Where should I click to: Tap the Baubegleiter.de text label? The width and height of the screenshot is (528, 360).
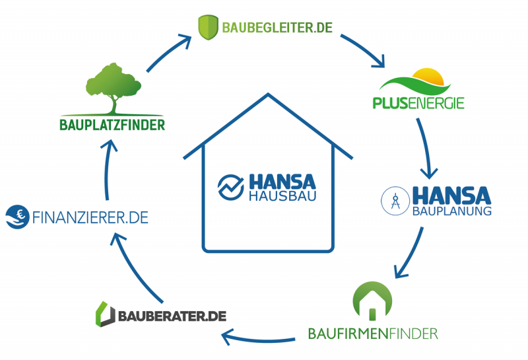pos(277,28)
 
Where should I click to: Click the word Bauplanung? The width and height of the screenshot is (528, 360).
pos(451,212)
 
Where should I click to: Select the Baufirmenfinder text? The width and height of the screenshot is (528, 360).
pos(373,332)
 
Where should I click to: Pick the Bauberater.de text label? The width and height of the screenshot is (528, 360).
pos(173,315)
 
